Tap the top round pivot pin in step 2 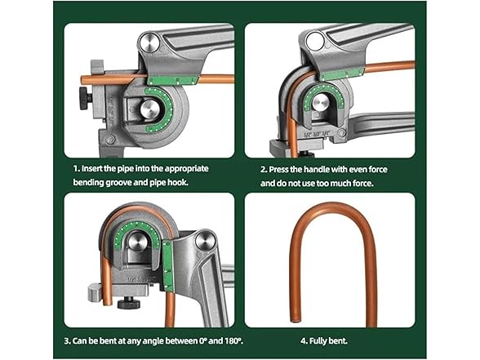coord(315,43)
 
